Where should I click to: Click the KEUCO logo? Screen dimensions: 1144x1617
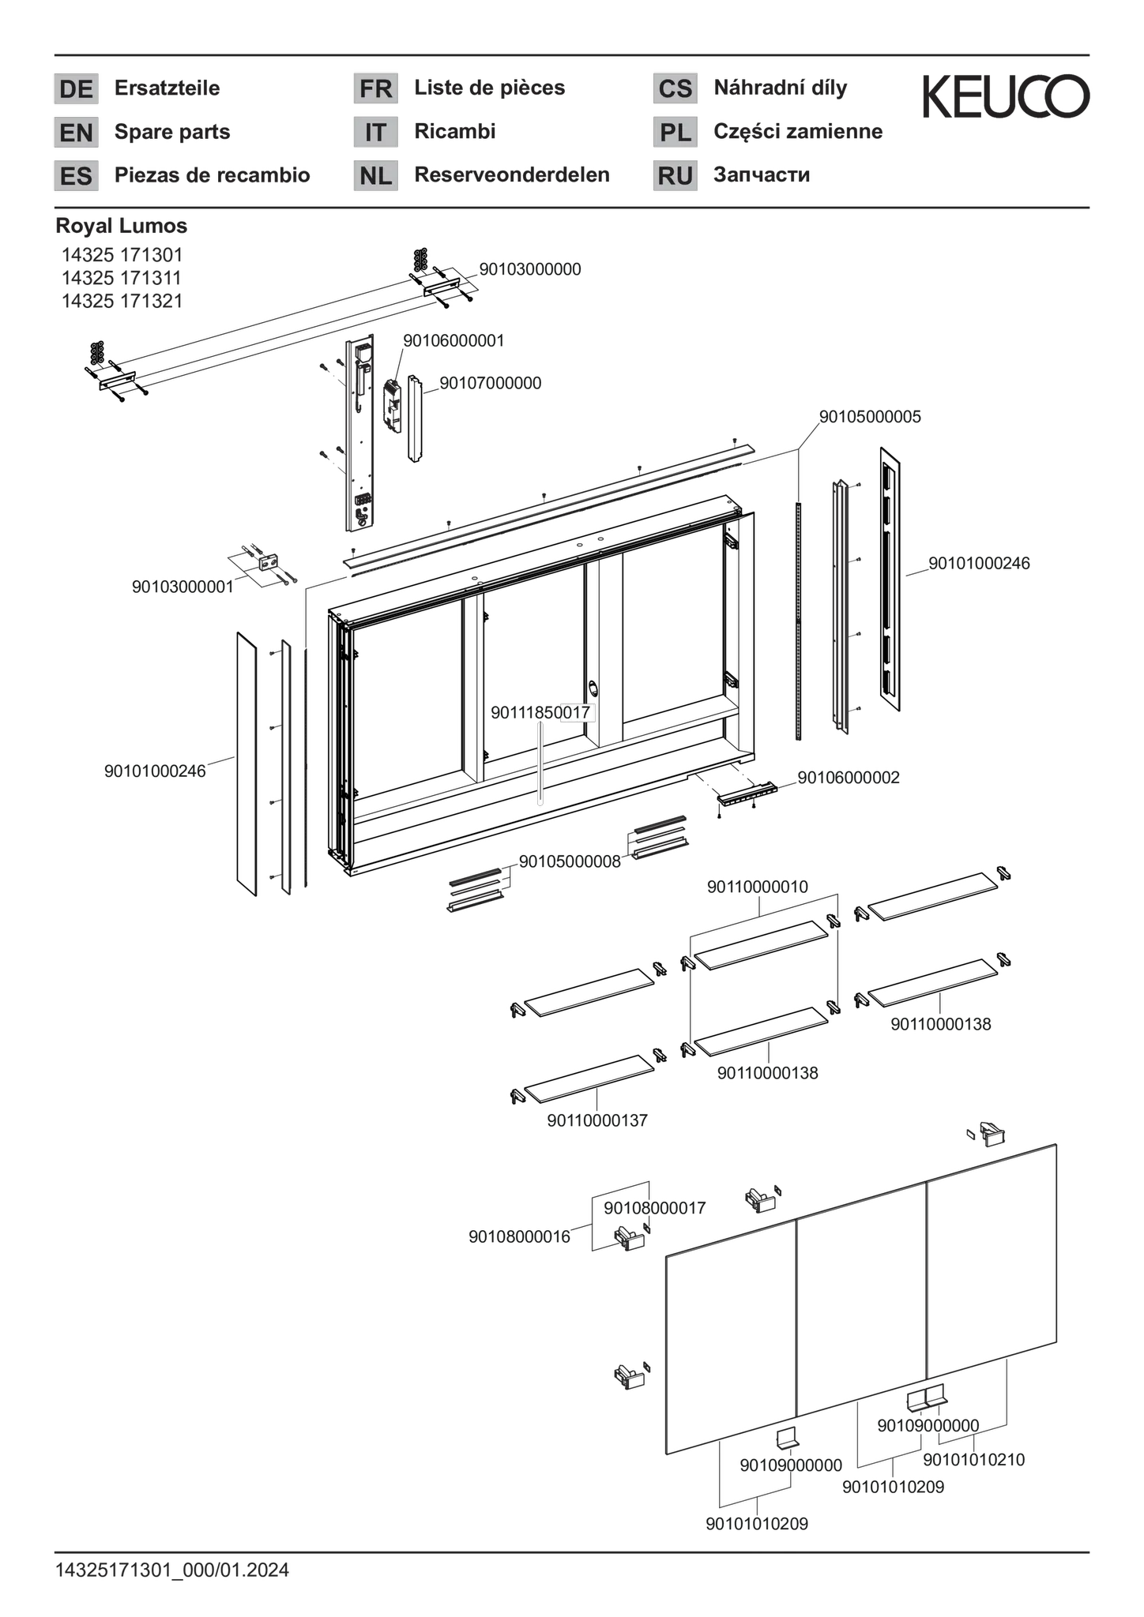(1007, 96)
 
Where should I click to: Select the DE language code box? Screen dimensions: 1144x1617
(76, 88)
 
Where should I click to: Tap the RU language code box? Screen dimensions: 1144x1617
(675, 176)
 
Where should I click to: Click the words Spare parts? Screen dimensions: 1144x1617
(172, 132)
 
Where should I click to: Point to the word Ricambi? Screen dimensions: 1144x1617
(455, 131)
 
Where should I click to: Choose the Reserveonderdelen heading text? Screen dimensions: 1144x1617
(512, 175)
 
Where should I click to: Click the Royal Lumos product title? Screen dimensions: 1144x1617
(122, 226)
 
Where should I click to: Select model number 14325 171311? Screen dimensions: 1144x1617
(122, 278)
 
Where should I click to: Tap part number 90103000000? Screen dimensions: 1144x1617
(530, 269)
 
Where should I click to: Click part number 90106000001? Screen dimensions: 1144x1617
(454, 341)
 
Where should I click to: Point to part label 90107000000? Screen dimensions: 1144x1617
(491, 383)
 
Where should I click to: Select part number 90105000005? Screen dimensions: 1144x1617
(870, 417)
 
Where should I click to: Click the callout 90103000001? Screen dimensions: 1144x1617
(183, 587)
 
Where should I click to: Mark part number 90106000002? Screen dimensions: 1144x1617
(849, 778)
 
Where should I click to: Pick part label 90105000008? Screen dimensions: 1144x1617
(570, 861)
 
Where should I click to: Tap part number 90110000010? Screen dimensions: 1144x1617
(758, 887)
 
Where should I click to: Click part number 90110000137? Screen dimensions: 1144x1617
(597, 1120)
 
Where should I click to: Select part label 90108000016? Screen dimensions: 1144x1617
(519, 1236)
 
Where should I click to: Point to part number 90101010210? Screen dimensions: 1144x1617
(973, 1460)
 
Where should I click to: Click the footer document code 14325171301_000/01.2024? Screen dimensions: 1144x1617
(172, 1570)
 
